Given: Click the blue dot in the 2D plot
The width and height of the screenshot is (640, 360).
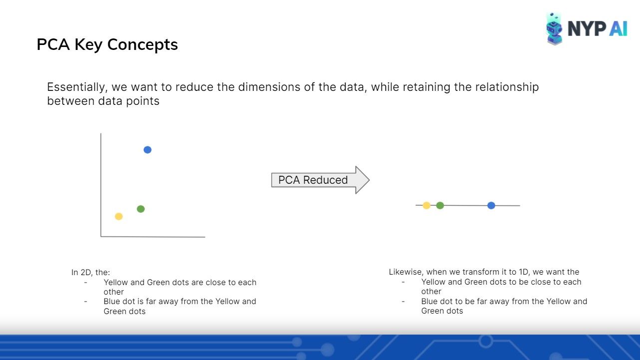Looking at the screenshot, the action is [x=147, y=150].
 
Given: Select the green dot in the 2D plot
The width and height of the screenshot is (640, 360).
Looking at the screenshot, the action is [x=141, y=209].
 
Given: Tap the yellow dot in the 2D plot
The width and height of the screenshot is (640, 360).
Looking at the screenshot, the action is [x=119, y=216].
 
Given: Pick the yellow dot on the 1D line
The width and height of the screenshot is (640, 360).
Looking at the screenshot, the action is [x=426, y=205].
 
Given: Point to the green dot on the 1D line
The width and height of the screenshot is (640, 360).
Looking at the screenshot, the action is [x=440, y=205].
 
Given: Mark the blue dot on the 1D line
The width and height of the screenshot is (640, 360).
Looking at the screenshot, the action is [x=491, y=205].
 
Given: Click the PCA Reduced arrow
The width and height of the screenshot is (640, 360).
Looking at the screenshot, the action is [x=320, y=180].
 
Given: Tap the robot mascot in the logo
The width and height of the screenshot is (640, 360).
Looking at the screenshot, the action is [x=554, y=29].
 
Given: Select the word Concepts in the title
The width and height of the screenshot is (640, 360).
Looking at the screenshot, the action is [x=143, y=44].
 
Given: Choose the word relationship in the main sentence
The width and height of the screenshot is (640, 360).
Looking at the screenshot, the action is [x=507, y=87].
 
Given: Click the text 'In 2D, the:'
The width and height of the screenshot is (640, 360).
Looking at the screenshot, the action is [x=90, y=272].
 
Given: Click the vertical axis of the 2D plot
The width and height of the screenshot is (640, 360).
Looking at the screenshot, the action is [x=101, y=185].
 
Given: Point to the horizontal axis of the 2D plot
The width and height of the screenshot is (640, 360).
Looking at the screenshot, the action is [x=153, y=237].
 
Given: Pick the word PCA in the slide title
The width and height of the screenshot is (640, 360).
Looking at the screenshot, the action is [x=53, y=44].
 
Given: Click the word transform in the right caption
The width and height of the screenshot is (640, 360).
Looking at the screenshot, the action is [x=478, y=272].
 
